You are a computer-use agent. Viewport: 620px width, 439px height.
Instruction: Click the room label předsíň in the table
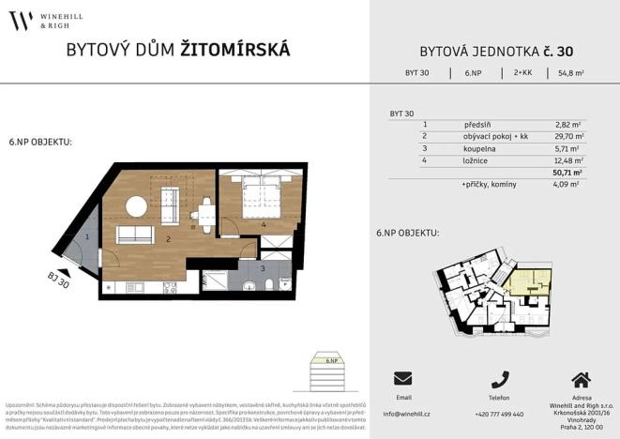(x=477, y=124)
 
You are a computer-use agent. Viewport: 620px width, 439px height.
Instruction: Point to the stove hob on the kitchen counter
(x=169, y=286)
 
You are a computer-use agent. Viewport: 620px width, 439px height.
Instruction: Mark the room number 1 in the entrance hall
(x=86, y=237)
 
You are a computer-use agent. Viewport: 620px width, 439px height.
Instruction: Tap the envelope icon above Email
(x=403, y=379)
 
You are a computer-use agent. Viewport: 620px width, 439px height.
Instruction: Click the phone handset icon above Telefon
(x=499, y=379)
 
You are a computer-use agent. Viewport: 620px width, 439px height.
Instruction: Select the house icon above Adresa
(x=581, y=379)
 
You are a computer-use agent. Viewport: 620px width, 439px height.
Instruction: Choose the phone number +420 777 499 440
(x=499, y=414)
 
